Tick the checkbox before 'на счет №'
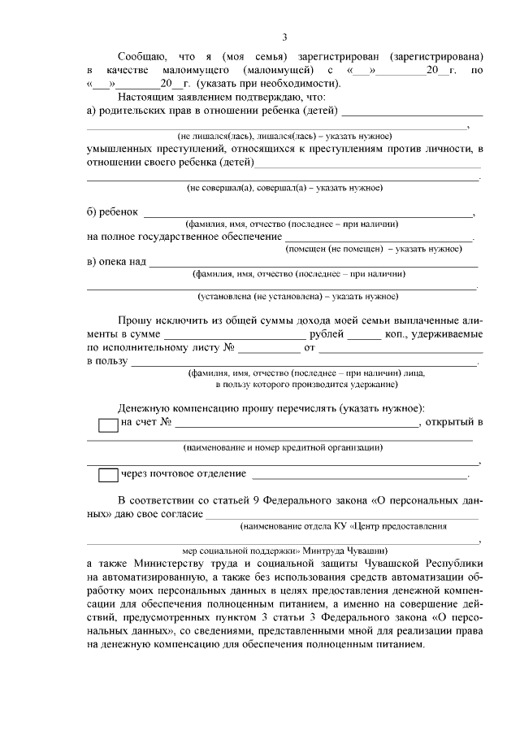pyautogui.click(x=107, y=425)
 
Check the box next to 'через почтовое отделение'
pyautogui.click(x=107, y=475)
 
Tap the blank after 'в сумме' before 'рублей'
pyautogui.click(x=234, y=334)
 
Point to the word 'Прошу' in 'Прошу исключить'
pyautogui.click(x=134, y=320)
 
